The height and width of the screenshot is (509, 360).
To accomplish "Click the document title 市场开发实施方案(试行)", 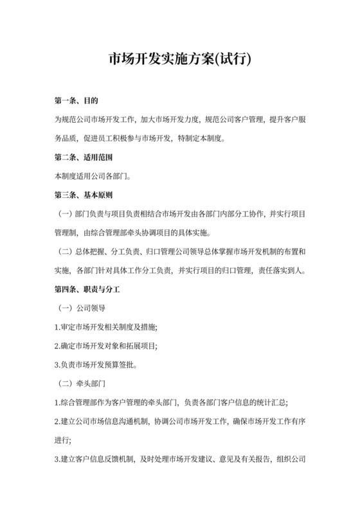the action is pos(180,60).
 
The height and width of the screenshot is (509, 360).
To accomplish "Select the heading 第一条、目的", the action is pos(76,102).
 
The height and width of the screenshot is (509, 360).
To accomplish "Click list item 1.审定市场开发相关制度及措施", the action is pos(106,327).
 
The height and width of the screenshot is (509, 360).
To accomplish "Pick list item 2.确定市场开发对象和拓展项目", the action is pos(106,346).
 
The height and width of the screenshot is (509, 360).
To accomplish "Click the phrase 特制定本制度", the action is pos(201,139).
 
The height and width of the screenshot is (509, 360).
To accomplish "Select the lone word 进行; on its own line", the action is pos(63,440).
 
